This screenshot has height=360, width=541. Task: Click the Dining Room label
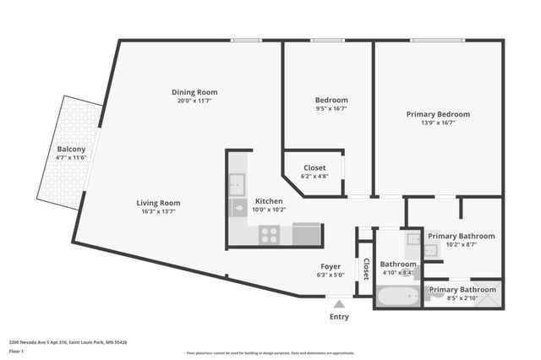tap(194, 92)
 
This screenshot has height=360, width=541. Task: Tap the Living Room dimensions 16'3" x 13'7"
tap(159, 212)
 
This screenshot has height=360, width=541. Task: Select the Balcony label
tap(71, 149)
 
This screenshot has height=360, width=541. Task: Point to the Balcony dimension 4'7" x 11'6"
tap(71, 157)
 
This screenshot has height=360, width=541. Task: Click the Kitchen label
tap(269, 201)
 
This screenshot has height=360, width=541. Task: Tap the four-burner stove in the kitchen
tap(270, 235)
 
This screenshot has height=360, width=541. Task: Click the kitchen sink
tap(238, 183)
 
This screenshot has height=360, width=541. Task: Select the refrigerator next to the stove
tap(306, 234)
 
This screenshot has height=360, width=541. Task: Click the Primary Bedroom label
tap(438, 114)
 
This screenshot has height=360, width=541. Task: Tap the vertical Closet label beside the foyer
tap(366, 269)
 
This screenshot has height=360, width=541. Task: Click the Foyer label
tap(330, 266)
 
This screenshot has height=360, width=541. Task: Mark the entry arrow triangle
tap(339, 303)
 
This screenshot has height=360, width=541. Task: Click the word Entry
tap(339, 317)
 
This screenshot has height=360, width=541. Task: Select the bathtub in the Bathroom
tap(396, 297)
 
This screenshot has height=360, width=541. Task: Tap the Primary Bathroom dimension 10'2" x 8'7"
tap(461, 246)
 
